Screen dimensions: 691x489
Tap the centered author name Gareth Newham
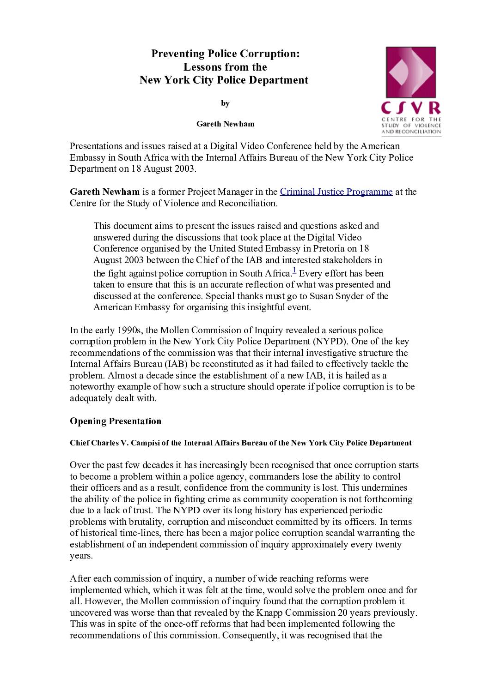225,124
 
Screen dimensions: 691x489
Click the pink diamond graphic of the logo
410,72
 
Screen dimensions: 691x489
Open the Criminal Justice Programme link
336,192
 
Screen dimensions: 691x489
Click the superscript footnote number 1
295,271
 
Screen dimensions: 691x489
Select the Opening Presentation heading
116,421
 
